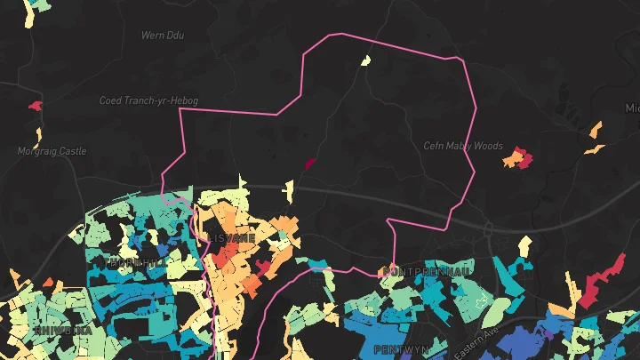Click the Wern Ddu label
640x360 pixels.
(162, 36)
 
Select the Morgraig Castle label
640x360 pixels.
(52, 151)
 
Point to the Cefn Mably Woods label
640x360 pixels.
(463, 146)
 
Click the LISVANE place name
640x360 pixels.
(232, 238)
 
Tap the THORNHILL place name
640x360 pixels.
(134, 263)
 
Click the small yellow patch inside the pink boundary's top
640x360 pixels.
(365, 60)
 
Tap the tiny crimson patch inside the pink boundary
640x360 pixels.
(309, 164)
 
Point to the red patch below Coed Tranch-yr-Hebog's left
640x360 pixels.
(36, 106)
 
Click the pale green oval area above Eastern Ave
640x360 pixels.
(498, 311)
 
